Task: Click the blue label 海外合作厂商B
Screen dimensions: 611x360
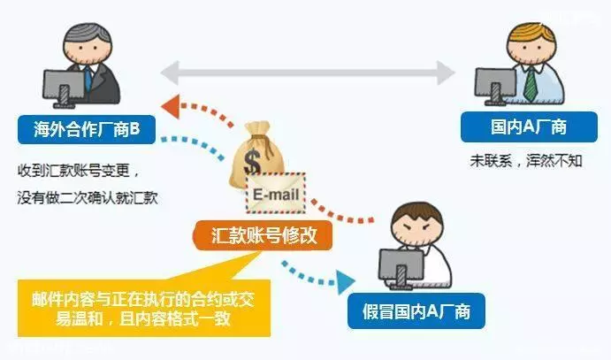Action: tap(87, 129)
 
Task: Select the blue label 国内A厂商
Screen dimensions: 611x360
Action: tap(529, 127)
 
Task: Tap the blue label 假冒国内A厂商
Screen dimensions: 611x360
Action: tap(416, 311)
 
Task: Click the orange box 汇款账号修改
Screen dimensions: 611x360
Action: tap(263, 235)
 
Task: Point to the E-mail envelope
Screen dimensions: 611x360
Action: tap(276, 193)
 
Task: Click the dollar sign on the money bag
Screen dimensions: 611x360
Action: tap(252, 162)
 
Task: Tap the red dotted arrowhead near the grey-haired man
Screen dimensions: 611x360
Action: tap(171, 106)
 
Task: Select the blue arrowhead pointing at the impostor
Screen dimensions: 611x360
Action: tap(346, 281)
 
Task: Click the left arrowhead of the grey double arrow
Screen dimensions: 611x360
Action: tap(170, 73)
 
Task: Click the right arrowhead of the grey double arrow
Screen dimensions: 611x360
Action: tap(446, 73)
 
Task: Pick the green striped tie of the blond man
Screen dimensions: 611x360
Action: tap(530, 84)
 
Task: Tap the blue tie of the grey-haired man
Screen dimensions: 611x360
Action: tap(88, 78)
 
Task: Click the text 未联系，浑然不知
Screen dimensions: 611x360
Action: tap(526, 160)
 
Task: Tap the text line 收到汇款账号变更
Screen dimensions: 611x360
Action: tap(79, 170)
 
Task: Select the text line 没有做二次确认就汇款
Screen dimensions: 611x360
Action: tap(88, 198)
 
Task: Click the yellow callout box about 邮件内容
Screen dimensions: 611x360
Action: tap(144, 308)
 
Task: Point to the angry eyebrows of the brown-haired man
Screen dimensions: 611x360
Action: tap(416, 226)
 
